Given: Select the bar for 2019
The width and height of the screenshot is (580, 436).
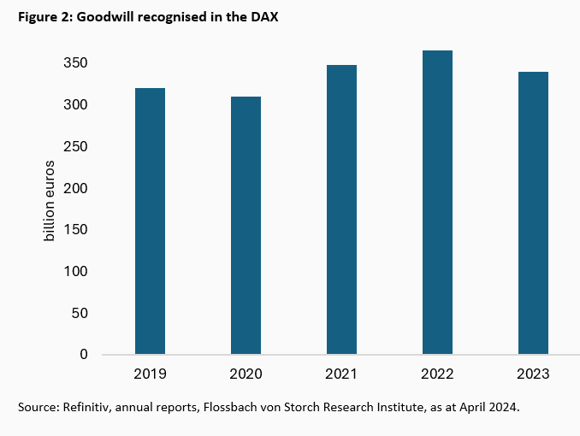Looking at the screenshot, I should (150, 221).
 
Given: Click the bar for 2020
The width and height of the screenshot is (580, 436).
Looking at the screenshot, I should (246, 225).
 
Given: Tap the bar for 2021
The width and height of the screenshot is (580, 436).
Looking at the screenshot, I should (341, 209).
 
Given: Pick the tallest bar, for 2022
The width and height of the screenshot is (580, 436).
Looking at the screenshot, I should (437, 202).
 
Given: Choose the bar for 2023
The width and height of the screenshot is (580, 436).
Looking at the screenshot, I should (533, 213).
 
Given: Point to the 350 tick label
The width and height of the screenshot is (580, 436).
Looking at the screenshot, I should (75, 63).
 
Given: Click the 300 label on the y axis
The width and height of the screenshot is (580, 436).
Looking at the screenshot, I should (75, 105).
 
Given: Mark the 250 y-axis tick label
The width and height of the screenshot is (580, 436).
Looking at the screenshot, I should (75, 146).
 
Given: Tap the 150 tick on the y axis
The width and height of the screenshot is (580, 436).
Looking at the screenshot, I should (75, 230).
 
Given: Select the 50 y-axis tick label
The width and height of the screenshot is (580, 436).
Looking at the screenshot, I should (79, 313).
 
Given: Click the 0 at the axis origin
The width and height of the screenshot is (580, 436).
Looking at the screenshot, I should (83, 354).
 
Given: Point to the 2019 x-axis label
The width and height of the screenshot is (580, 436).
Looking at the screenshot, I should (150, 374).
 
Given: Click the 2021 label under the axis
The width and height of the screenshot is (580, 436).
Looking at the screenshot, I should (341, 374).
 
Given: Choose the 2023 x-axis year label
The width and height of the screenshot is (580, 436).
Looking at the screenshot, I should (533, 374).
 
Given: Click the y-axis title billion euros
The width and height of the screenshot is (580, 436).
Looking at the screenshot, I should (50, 199).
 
